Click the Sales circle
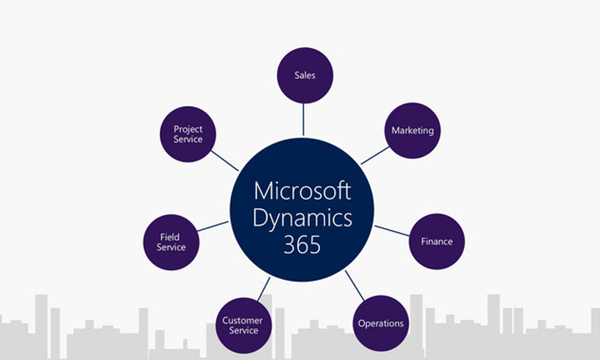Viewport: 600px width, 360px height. coord(305,76)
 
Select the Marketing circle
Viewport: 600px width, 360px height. coord(412,130)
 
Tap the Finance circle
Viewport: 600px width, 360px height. coord(436,241)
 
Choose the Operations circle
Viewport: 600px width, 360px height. coord(380,323)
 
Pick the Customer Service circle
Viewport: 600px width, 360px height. coord(242,325)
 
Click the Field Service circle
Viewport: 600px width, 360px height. coord(171,242)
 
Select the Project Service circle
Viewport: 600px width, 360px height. coord(188,133)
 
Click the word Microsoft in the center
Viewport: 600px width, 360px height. coord(302,191)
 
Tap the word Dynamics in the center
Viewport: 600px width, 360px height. coord(302,218)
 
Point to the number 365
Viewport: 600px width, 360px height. coord(302,245)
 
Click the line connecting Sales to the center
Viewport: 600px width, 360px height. coord(304,120)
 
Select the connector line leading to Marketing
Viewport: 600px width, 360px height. coord(375,155)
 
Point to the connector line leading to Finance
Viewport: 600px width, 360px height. coord(392,230)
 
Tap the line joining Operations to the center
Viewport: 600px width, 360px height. coord(355,285)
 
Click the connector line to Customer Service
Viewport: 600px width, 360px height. coord(264,289)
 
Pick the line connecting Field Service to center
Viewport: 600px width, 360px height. coord(212,226)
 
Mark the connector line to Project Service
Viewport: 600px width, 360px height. coord(224,160)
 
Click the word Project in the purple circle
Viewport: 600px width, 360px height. coord(188,128)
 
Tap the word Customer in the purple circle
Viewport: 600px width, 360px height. coord(242,320)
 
